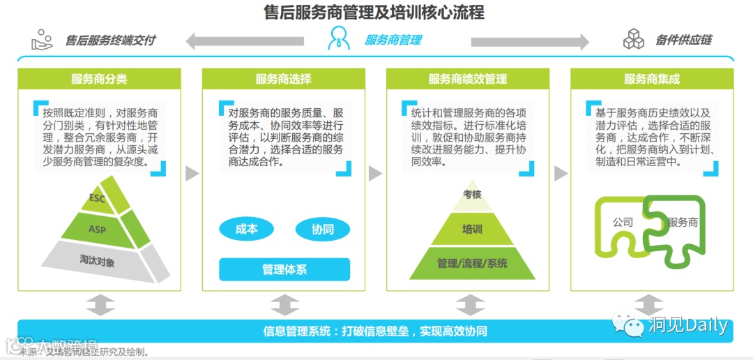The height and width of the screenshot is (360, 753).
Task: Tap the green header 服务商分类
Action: [x=99, y=79]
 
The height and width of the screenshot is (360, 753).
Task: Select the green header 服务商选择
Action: [x=283, y=79]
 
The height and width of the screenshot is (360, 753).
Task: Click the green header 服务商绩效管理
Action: [x=468, y=79]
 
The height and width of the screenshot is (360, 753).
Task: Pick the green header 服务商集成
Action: [x=652, y=79]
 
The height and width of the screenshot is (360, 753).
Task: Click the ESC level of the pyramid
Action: [x=98, y=199]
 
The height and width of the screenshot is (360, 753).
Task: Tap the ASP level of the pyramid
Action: [x=98, y=228]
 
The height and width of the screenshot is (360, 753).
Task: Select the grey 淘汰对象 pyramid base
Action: [x=98, y=262]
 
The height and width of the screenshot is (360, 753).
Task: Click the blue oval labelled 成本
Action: [x=246, y=229]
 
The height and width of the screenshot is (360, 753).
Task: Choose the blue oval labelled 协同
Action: [x=322, y=229]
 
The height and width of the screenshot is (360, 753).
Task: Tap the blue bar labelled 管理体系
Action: [x=284, y=269]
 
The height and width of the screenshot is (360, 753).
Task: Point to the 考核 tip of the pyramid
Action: [x=472, y=195]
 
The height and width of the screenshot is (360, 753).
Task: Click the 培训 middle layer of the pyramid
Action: [x=472, y=229]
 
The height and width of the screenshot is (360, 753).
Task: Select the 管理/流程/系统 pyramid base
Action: [x=472, y=263]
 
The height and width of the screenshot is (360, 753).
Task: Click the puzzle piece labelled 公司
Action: [x=623, y=223]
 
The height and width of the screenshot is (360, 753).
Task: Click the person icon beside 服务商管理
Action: [x=339, y=39]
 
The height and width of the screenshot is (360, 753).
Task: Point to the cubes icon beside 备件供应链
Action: [x=634, y=39]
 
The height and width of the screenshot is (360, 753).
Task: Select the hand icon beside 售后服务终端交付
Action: [x=43, y=39]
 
